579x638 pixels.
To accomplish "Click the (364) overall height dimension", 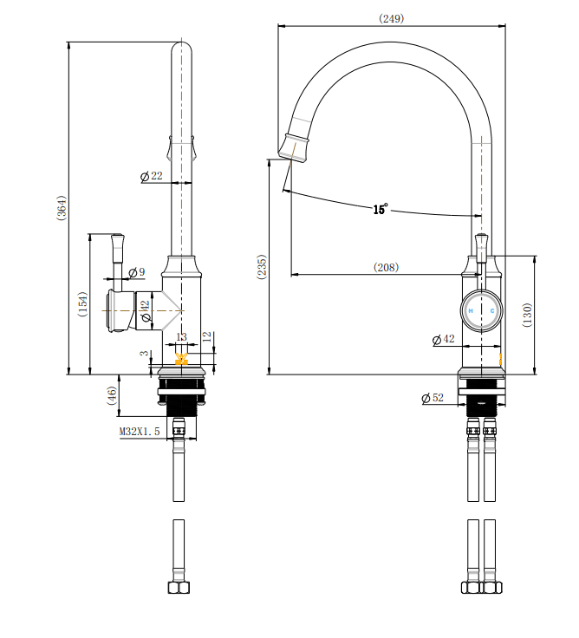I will (62, 208).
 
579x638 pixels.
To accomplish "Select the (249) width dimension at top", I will (392, 18).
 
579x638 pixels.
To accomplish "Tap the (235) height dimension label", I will (262, 266).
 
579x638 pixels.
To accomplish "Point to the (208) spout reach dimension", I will (386, 268).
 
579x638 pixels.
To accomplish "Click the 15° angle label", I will (381, 209).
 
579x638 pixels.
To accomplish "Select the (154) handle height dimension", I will (83, 303).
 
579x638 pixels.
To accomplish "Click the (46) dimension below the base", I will (112, 396).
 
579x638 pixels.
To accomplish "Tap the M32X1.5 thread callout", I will (140, 431).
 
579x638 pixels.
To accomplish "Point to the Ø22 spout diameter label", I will (152, 177).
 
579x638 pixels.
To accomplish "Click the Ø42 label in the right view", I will (443, 339).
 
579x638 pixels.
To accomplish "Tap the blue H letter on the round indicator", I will (472, 310).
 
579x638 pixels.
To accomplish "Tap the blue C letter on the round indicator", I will (491, 310).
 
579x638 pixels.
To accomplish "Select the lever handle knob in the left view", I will (117, 238).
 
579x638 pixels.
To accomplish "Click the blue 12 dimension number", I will (206, 335).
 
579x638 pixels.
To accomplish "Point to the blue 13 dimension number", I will (181, 337).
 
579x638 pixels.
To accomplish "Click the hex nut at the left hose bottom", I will (179, 587).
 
